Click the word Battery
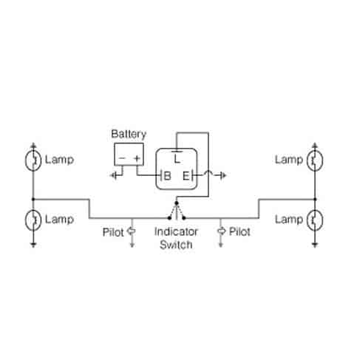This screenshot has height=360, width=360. (x=129, y=135)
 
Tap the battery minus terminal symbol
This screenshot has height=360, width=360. (x=122, y=158)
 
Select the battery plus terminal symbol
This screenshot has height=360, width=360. (x=137, y=158)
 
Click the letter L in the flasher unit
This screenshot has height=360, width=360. (x=177, y=159)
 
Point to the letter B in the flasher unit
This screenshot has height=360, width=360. (x=167, y=176)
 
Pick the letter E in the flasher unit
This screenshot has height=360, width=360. (x=186, y=176)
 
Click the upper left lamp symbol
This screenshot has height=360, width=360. (x=33, y=160)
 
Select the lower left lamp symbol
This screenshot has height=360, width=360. (x=33, y=220)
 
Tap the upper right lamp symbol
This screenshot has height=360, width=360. (x=315, y=160)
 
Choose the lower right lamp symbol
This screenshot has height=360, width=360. (x=315, y=220)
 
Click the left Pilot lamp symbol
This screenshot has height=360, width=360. (x=132, y=231)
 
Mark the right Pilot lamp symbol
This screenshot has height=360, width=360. (x=221, y=231)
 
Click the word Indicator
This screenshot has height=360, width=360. (x=176, y=231)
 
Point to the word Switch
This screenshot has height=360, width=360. (x=176, y=245)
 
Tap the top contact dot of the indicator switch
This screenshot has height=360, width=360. (x=177, y=203)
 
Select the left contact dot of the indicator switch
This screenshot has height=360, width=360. (x=169, y=218)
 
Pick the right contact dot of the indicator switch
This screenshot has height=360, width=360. (x=184, y=218)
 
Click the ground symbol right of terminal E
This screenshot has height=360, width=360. (x=222, y=175)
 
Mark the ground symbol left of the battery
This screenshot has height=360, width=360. (x=114, y=175)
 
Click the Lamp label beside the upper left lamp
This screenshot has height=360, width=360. (x=59, y=160)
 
